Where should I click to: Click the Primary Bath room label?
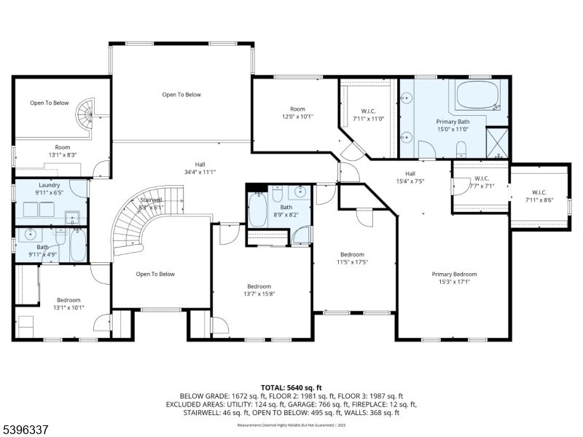[452, 125]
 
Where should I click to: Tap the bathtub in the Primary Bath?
[477, 95]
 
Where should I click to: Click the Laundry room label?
[49, 189]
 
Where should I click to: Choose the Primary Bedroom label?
[454, 278]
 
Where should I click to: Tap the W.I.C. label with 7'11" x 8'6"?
[539, 196]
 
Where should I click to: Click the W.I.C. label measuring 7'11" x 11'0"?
[368, 115]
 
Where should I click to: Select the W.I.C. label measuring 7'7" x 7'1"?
[480, 181]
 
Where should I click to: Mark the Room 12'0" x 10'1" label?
[297, 112]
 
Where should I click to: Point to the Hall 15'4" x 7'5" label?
[410, 177]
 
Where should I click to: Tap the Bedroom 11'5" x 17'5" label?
[352, 259]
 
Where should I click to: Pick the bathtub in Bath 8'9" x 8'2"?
[258, 211]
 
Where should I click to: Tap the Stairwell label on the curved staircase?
[152, 203]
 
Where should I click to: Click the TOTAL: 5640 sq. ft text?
[291, 387]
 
